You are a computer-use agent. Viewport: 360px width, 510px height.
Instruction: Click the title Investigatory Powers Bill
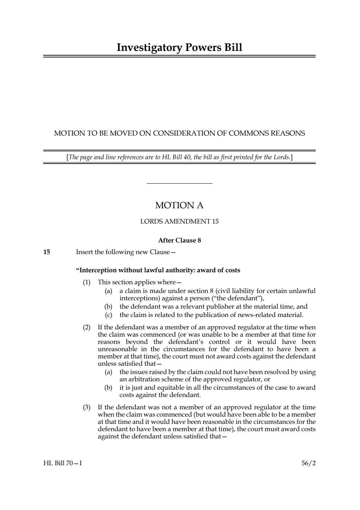click(179, 48)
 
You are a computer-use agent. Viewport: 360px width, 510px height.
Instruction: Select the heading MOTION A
click(179, 205)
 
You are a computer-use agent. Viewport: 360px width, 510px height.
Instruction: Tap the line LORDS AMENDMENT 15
click(179, 221)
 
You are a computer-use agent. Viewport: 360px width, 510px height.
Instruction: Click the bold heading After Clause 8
click(179, 240)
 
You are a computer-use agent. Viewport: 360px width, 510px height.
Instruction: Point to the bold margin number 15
click(46, 252)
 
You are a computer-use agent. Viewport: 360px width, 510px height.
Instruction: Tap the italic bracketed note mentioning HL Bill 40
click(179, 157)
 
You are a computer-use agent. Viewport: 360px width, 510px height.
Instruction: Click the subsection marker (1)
click(86, 282)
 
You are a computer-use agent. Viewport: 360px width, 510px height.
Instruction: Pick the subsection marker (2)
click(86, 327)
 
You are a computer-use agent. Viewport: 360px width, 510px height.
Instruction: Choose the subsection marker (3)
click(86, 407)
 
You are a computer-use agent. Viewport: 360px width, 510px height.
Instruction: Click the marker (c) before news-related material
click(108, 315)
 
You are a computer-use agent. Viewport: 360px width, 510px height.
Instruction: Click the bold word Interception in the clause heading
click(97, 270)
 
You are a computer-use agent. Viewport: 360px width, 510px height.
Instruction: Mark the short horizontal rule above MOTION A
click(179, 184)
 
